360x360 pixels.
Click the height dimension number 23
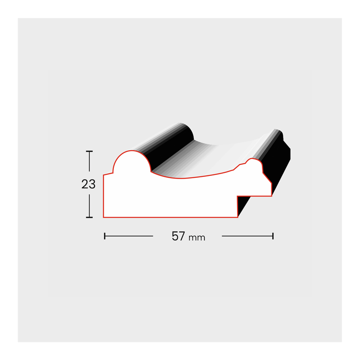[88, 184]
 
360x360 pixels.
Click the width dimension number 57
[178, 236]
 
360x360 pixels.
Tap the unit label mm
[197, 238]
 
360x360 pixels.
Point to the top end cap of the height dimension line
[89, 151]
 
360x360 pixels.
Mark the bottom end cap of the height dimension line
[89, 217]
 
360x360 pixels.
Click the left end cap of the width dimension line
[105, 236]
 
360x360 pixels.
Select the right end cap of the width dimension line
[273, 236]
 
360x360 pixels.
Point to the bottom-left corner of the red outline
[103, 217]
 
